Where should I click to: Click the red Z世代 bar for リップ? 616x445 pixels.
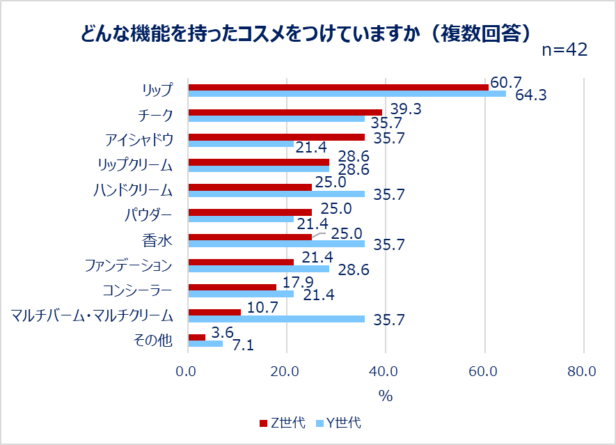coord(338,87)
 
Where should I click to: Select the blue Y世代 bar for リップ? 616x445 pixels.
coord(347,94)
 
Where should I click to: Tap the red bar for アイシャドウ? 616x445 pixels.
coord(276,137)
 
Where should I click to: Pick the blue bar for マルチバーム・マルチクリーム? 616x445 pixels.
coord(276,319)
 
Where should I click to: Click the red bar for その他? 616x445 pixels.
coord(197,337)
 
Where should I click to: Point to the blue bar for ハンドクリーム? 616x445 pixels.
coord(276,194)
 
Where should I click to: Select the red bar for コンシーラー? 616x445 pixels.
coord(232,287)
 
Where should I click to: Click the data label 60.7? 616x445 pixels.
coord(506,82)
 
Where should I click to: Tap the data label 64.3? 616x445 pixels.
coord(530,95)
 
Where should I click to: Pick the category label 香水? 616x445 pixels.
coord(161,240)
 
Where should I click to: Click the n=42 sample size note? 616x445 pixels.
coord(564,50)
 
